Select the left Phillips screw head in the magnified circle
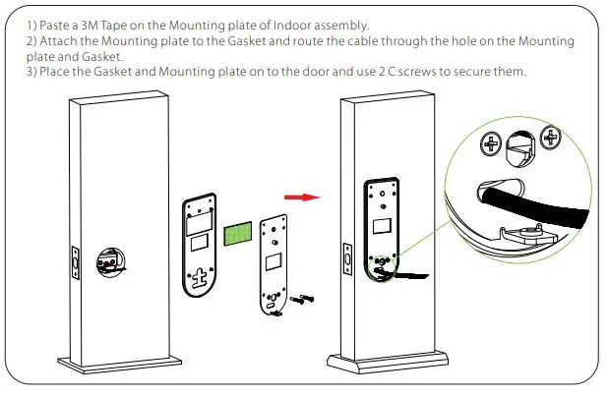[x=489, y=144]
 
